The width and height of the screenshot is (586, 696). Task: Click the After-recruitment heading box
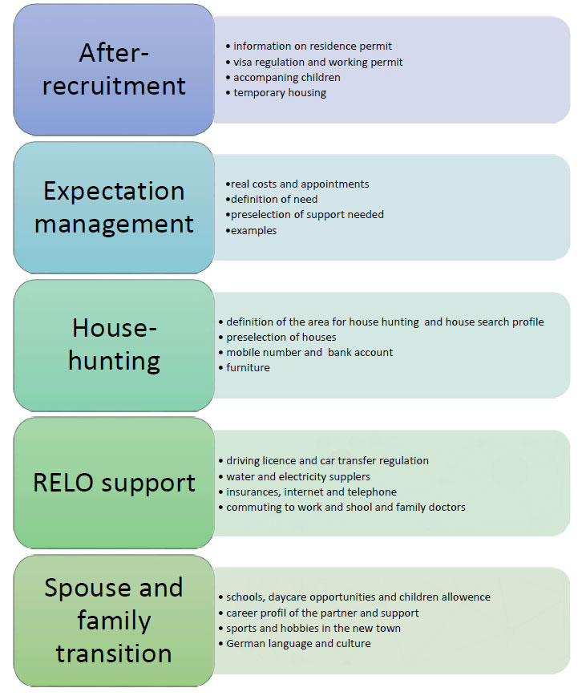pyautogui.click(x=114, y=69)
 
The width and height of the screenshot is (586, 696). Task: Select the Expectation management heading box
pyautogui.click(x=114, y=207)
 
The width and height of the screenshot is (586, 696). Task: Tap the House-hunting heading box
pyautogui.click(x=114, y=344)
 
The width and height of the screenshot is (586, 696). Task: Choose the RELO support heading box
pyautogui.click(x=114, y=483)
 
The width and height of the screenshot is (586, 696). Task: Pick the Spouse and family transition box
pyautogui.click(x=114, y=620)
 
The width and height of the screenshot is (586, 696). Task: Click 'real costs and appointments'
pyautogui.click(x=298, y=184)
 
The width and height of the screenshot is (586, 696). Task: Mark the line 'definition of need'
pyautogui.click(x=273, y=199)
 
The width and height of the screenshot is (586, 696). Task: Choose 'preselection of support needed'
pyautogui.click(x=305, y=214)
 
